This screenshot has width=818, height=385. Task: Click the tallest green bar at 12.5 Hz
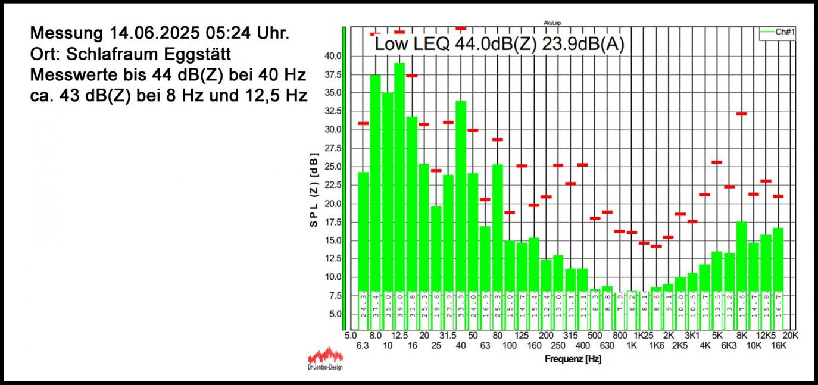[x=399, y=179]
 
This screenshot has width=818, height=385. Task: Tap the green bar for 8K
[x=741, y=256]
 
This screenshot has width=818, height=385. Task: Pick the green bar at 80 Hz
[x=498, y=226]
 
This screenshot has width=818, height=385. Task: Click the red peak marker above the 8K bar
[x=741, y=114]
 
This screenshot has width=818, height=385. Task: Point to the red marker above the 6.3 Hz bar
[x=363, y=123]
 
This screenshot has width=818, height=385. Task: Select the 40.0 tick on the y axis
[x=332, y=56]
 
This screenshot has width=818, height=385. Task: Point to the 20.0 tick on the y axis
[x=332, y=204]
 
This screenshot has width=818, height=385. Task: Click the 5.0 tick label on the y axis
[x=334, y=314]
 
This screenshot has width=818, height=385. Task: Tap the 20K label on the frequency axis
[x=790, y=336]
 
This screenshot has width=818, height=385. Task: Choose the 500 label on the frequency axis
[x=595, y=336]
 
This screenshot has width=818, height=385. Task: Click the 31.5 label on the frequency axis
[x=448, y=336]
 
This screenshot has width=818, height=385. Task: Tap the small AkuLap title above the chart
[x=552, y=23]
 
